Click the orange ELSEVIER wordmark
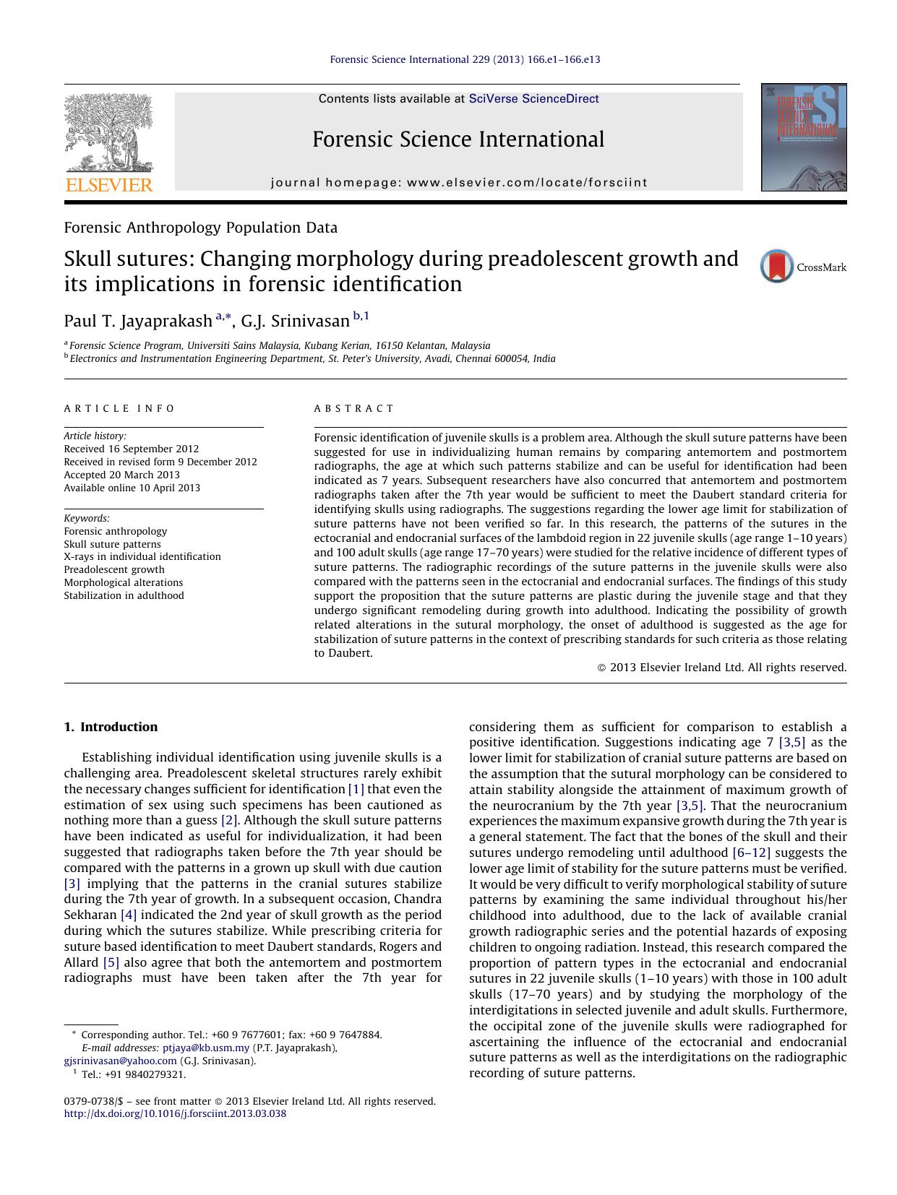tap(109, 185)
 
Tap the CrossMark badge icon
tap(777, 267)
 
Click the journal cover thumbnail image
tap(804, 137)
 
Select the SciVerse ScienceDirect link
tap(533, 99)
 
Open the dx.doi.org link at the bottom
tap(175, 1113)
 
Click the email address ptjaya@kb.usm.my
tap(206, 1048)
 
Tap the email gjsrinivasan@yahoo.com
tap(120, 1061)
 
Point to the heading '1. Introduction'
tap(111, 727)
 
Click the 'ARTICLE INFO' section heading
tap(119, 408)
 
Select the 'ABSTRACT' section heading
tap(354, 408)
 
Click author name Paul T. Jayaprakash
tap(137, 321)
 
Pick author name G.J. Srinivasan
tap(295, 321)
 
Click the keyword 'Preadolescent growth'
tap(114, 569)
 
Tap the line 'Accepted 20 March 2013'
tap(121, 475)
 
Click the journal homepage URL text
tap(527, 183)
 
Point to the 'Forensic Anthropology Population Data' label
tap(200, 228)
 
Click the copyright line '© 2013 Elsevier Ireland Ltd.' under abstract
tap(721, 668)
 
